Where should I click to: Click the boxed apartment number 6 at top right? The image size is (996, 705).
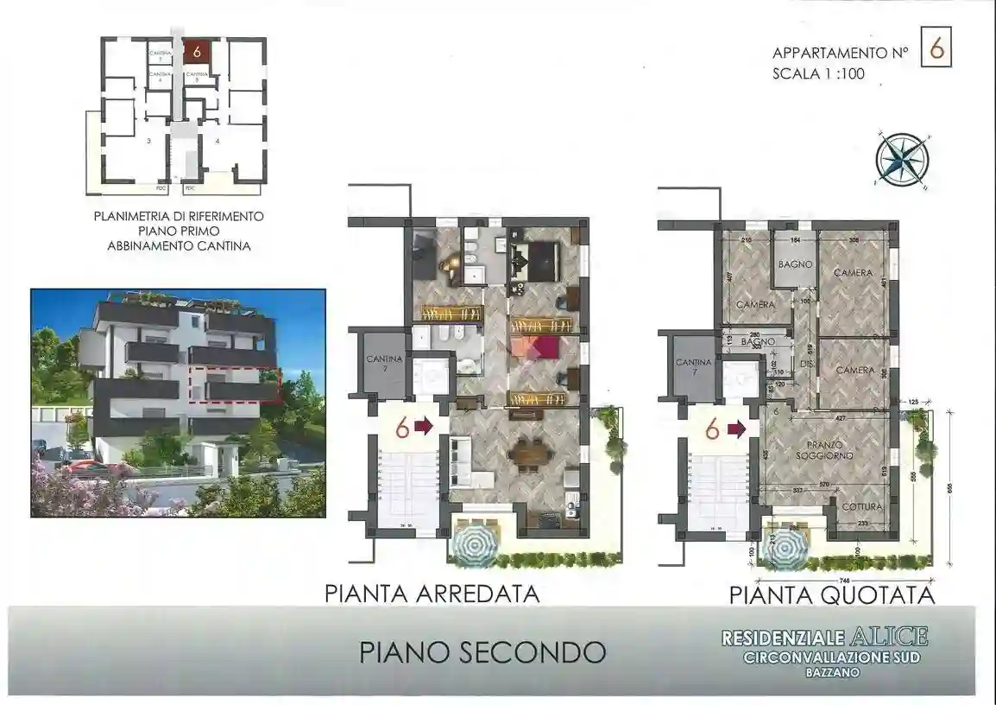937,50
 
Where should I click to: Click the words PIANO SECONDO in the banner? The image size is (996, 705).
482,651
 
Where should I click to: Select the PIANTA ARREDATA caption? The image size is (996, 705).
432,594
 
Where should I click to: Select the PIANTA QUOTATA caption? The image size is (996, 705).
832,594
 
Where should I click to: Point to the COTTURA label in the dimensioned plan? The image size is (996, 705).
861,506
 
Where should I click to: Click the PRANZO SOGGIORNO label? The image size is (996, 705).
825,449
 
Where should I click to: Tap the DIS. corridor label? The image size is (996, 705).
808,364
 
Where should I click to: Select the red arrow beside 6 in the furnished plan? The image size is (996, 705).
425,426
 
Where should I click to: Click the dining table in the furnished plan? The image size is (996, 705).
526,454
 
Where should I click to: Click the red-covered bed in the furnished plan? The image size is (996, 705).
535,347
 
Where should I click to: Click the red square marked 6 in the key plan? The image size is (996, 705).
197,52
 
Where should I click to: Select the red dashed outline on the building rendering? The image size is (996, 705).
234,384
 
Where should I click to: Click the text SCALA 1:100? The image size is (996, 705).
818,74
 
